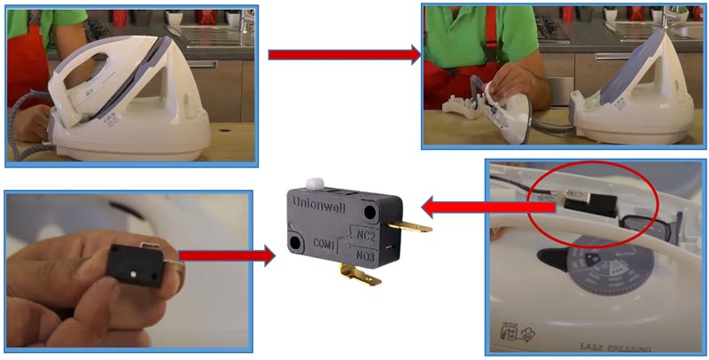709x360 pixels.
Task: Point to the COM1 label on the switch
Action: pyautogui.click(x=324, y=242)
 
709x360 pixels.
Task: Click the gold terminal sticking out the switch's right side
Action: pyautogui.click(x=409, y=224)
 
